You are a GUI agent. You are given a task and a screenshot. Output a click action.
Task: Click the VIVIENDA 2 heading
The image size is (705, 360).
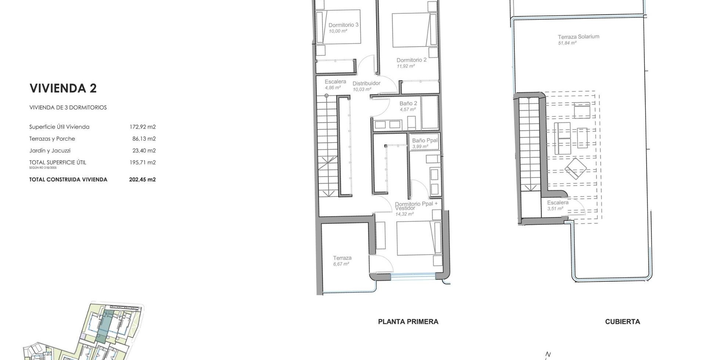pos(63,88)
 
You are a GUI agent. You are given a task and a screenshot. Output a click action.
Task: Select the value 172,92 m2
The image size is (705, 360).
pos(142,127)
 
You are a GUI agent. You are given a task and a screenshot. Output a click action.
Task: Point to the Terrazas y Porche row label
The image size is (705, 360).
pos(52,139)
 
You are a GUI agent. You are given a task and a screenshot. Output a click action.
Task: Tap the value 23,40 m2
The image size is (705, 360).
pos(144,151)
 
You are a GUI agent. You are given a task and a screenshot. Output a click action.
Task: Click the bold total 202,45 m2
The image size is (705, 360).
pos(142,180)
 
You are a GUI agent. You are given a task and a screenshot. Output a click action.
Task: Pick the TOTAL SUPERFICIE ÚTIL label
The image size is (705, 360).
pos(58,162)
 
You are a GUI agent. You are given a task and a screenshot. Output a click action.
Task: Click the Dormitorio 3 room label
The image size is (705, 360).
pos(343,25)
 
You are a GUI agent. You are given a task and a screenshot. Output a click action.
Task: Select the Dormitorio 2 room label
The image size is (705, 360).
pos(412,60)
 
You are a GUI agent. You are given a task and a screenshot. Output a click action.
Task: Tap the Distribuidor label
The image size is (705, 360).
pos(366,83)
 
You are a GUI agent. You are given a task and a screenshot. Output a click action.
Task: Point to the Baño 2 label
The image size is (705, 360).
pos(408,104)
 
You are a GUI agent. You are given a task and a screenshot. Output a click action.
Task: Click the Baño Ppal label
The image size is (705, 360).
pos(425,141)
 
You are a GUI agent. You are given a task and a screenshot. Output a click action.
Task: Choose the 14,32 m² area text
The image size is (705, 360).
pos(405,214)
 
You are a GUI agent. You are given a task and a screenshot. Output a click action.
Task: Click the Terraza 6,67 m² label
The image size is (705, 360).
pos(342,261)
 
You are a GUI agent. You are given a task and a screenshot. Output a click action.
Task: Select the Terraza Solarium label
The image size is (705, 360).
pos(578,37)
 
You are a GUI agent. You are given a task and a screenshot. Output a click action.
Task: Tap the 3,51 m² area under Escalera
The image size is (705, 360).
pos(555,209)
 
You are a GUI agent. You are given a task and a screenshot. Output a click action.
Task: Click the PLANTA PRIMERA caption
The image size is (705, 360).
pos(408,322)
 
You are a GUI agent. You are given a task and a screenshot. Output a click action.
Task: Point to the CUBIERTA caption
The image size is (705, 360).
pos(622,322)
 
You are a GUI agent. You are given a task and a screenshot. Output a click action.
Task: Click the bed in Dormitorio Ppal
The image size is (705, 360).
pos(419,238)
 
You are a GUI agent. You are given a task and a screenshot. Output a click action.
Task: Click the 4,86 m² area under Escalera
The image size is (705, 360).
pos(333,88)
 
